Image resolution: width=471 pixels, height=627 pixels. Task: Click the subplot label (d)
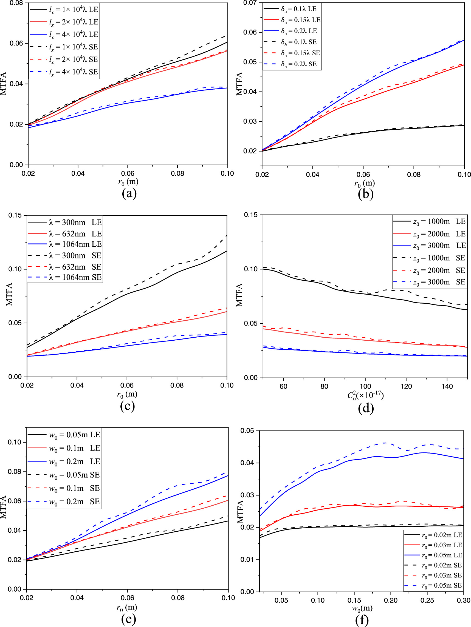pyautogui.click(x=366, y=408)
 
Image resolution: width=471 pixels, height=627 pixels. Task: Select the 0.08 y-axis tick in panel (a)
pyautogui.click(x=16, y=3)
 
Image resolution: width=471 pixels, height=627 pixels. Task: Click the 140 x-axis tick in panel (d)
pyautogui.click(x=447, y=386)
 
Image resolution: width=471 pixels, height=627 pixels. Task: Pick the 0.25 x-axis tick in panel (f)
pyautogui.click(x=427, y=600)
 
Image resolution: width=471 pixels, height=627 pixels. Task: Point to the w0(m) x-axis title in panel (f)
pyautogui.click(x=362, y=608)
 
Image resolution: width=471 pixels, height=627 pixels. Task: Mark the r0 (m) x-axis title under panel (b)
pyautogui.click(x=364, y=183)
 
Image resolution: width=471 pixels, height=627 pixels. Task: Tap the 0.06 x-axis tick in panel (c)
pyautogui.click(x=126, y=385)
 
